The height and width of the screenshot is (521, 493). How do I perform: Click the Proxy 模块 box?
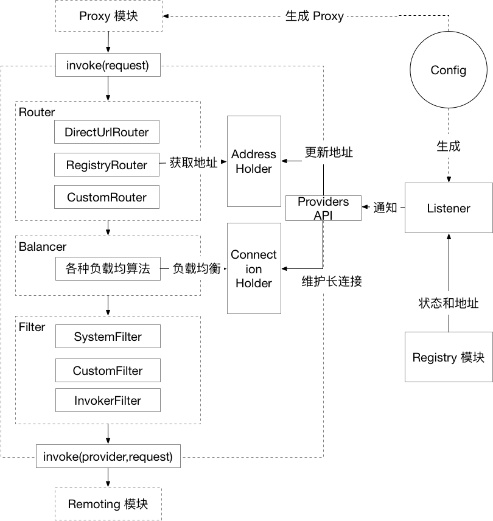(108, 16)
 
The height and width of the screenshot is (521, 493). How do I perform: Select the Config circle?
(448, 70)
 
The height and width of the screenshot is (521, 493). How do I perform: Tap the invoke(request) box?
(108, 65)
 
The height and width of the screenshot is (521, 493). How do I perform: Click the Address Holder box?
(254, 161)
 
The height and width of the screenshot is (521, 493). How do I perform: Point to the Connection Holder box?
(254, 268)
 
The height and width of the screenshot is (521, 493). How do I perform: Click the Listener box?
(448, 208)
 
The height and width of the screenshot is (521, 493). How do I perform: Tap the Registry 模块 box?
(448, 357)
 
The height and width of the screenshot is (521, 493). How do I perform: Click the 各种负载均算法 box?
(107, 268)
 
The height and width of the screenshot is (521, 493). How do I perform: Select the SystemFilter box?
(108, 337)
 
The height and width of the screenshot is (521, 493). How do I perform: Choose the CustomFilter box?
(108, 371)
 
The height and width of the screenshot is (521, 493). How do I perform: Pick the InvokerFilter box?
(108, 400)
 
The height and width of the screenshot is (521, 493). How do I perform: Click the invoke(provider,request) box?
(108, 456)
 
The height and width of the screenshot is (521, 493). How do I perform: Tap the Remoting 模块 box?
(108, 504)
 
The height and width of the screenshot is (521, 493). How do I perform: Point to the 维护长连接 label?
(332, 282)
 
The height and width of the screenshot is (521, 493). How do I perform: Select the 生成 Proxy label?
(314, 16)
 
